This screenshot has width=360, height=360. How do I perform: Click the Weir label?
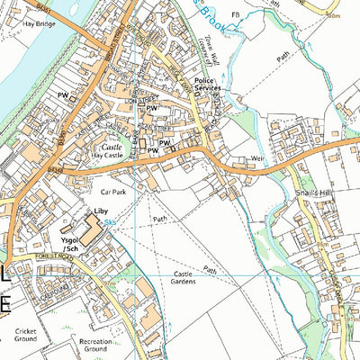pos(261,157)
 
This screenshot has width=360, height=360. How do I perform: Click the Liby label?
pos(102,210)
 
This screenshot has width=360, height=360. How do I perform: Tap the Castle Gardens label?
pos(176,279)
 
